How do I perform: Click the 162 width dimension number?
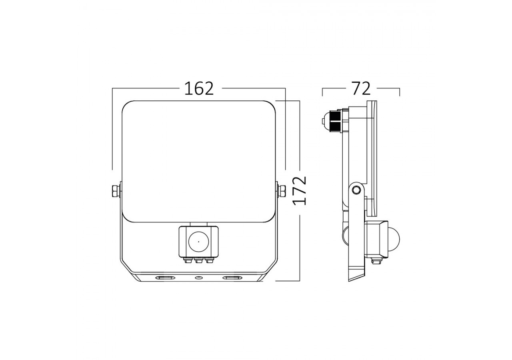pos(199,88)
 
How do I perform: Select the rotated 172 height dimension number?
pos(300,190)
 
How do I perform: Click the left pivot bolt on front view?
pos(115,190)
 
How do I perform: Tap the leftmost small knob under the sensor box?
pos(187,260)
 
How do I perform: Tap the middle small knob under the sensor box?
pos(198,260)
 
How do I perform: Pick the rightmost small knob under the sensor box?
pos(209,260)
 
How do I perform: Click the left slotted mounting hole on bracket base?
pos(165,278)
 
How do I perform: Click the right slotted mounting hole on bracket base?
pos(232,278)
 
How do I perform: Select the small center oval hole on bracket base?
pos(198,278)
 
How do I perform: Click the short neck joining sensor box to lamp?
pos(198,223)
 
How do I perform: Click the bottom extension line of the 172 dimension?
pos(288,281)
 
